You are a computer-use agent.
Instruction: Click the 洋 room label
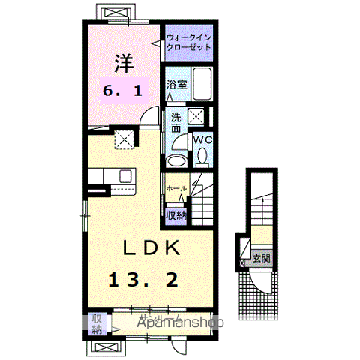[124, 61]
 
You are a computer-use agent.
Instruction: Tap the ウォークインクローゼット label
[188, 40]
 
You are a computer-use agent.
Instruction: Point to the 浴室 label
[177, 85]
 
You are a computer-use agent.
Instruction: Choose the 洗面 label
[175, 122]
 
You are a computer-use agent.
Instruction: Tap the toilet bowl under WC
[201, 157]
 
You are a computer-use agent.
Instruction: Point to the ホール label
[175, 188]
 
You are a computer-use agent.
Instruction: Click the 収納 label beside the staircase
[175, 214]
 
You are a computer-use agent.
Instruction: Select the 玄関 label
[260, 259]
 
